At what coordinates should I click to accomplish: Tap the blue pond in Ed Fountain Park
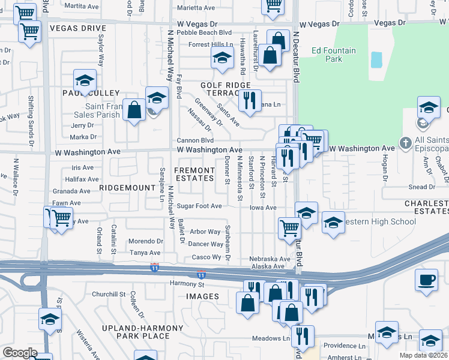[x=376, y=59]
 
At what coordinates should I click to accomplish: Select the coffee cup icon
[x=426, y=280]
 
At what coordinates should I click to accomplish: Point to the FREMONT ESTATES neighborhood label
[x=194, y=174]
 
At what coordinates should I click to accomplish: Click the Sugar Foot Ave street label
[x=199, y=206]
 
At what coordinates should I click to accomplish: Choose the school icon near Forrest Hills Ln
[x=221, y=58]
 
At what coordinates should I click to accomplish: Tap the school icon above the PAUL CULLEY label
[x=85, y=80]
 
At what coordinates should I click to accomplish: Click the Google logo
[x=19, y=353]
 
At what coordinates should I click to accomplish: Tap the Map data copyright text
[x=424, y=355]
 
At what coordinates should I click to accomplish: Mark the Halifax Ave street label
[x=82, y=179]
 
